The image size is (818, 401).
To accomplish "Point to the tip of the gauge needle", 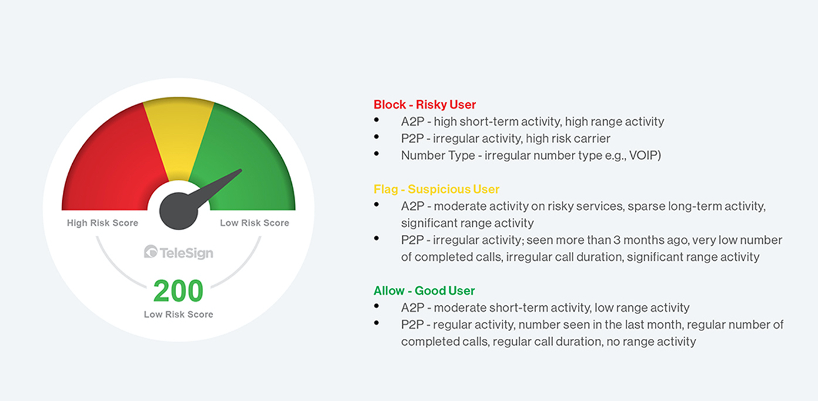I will [x=240, y=171].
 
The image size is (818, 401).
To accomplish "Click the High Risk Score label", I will [x=103, y=223].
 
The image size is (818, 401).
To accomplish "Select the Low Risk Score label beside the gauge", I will [x=254, y=223].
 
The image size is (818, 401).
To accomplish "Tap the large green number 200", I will [x=179, y=291].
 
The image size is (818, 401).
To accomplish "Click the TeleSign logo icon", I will [x=150, y=252].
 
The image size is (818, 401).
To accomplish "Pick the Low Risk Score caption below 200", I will [x=179, y=315].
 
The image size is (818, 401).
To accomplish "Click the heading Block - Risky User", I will [x=425, y=105].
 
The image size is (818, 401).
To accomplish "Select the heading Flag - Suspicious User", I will [x=436, y=189].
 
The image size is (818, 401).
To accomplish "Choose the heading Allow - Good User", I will [x=424, y=291].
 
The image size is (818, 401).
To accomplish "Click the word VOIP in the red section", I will [x=644, y=156].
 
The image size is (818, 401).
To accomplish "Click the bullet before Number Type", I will [x=376, y=154].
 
